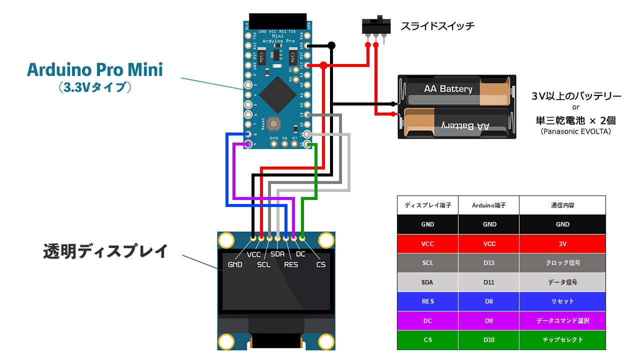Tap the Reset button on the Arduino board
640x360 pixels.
(273, 121)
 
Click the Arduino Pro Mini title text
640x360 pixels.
(95, 69)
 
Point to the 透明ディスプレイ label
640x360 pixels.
(105, 251)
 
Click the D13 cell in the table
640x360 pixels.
(488, 263)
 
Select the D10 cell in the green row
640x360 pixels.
(488, 340)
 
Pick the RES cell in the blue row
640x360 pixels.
(427, 301)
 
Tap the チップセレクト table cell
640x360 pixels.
(562, 340)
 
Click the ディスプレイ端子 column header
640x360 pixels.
(427, 205)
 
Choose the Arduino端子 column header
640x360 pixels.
(488, 205)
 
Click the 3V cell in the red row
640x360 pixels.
(562, 243)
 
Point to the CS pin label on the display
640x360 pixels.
(321, 264)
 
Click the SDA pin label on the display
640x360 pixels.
(277, 254)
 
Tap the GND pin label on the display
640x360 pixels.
(235, 264)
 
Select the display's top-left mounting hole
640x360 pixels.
(226, 240)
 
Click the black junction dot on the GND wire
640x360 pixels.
(331, 45)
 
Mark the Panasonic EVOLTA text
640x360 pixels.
(576, 131)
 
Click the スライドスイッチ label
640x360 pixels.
(437, 26)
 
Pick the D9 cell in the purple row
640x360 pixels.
(488, 320)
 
